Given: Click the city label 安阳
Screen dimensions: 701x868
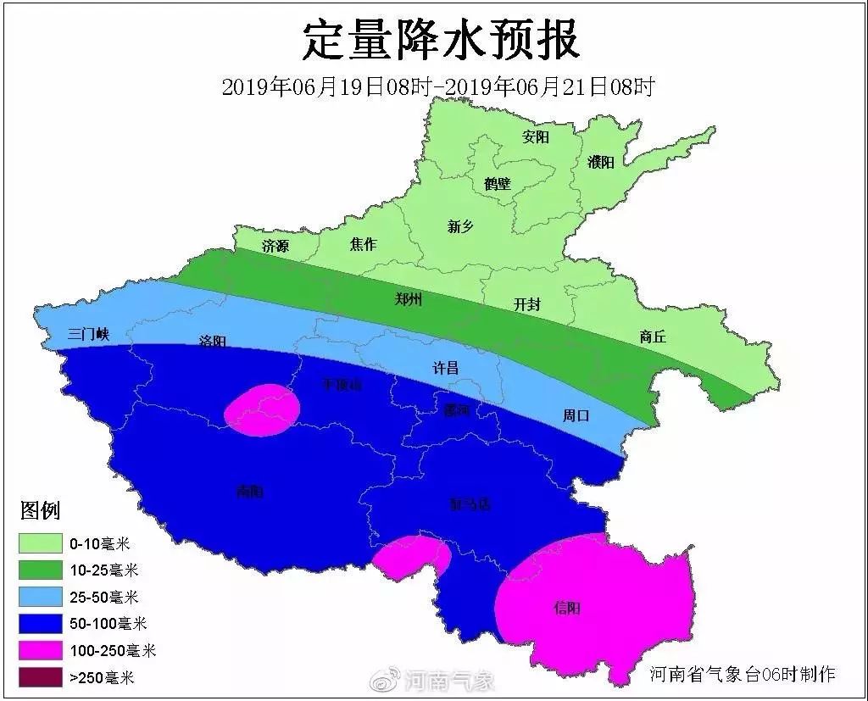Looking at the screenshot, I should pyautogui.click(x=536, y=136).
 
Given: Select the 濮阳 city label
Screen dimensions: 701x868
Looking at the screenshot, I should pyautogui.click(x=600, y=162).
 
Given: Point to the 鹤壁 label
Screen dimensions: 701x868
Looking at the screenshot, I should pyautogui.click(x=498, y=183).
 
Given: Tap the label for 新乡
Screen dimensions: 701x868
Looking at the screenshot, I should pyautogui.click(x=460, y=225).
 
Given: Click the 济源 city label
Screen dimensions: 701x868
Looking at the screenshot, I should pyautogui.click(x=275, y=247).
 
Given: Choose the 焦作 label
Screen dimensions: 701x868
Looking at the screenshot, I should pyautogui.click(x=363, y=244).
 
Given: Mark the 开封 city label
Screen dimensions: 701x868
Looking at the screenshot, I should pyautogui.click(x=527, y=304).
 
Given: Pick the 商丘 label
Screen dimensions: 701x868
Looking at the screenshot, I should pyautogui.click(x=653, y=337).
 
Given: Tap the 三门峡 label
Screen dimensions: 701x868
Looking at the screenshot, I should pyautogui.click(x=89, y=335).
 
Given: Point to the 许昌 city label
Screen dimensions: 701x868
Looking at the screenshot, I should pyautogui.click(x=446, y=367).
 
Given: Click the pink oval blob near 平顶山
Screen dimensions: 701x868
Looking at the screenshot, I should pyautogui.click(x=263, y=409).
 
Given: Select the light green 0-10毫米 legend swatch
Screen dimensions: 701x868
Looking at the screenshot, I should pyautogui.click(x=41, y=543).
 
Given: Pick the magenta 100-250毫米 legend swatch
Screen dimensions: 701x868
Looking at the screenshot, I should pyautogui.click(x=41, y=650).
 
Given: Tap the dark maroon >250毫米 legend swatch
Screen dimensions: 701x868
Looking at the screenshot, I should pyautogui.click(x=41, y=677).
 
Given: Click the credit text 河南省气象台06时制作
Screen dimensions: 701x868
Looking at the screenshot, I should pyautogui.click(x=743, y=674).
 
